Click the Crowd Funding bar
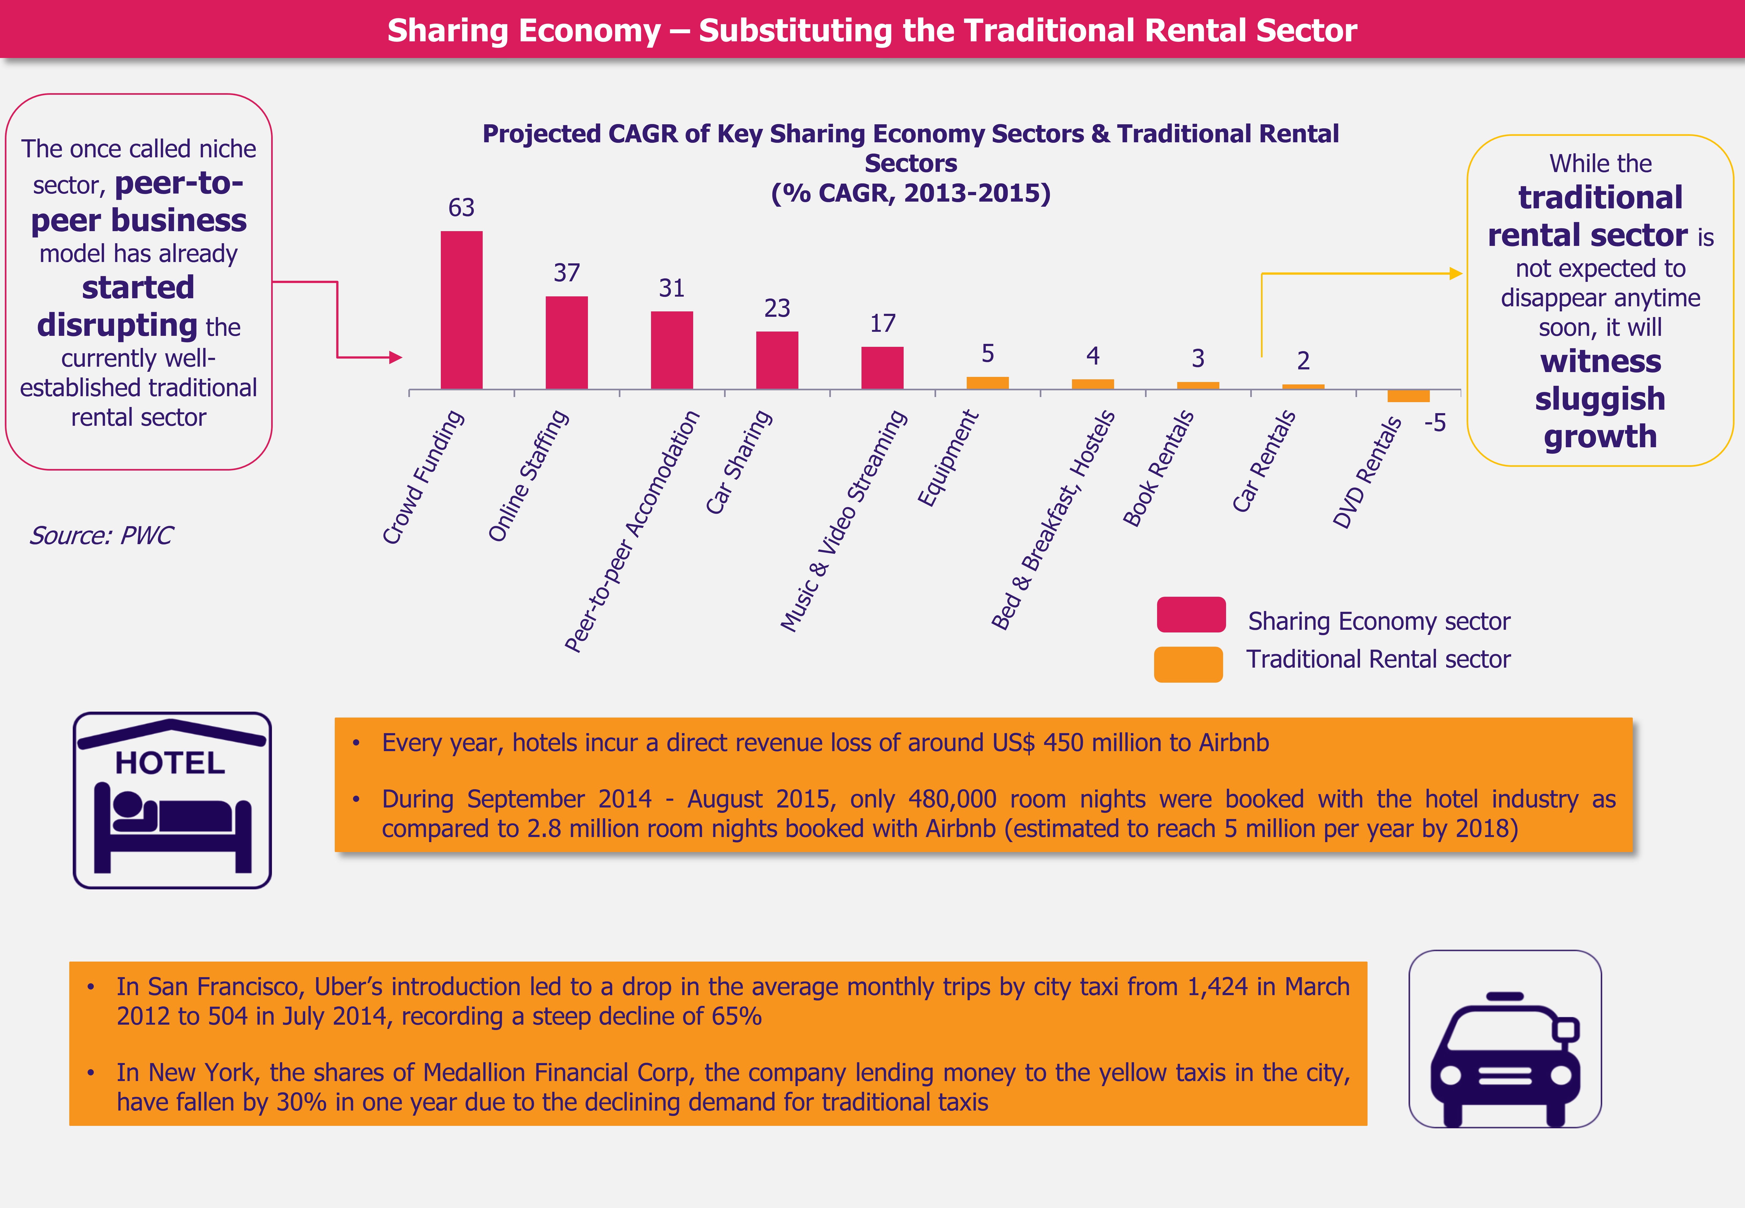461,310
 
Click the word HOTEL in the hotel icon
170,763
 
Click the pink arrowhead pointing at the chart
395,357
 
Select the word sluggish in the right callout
1600,399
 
